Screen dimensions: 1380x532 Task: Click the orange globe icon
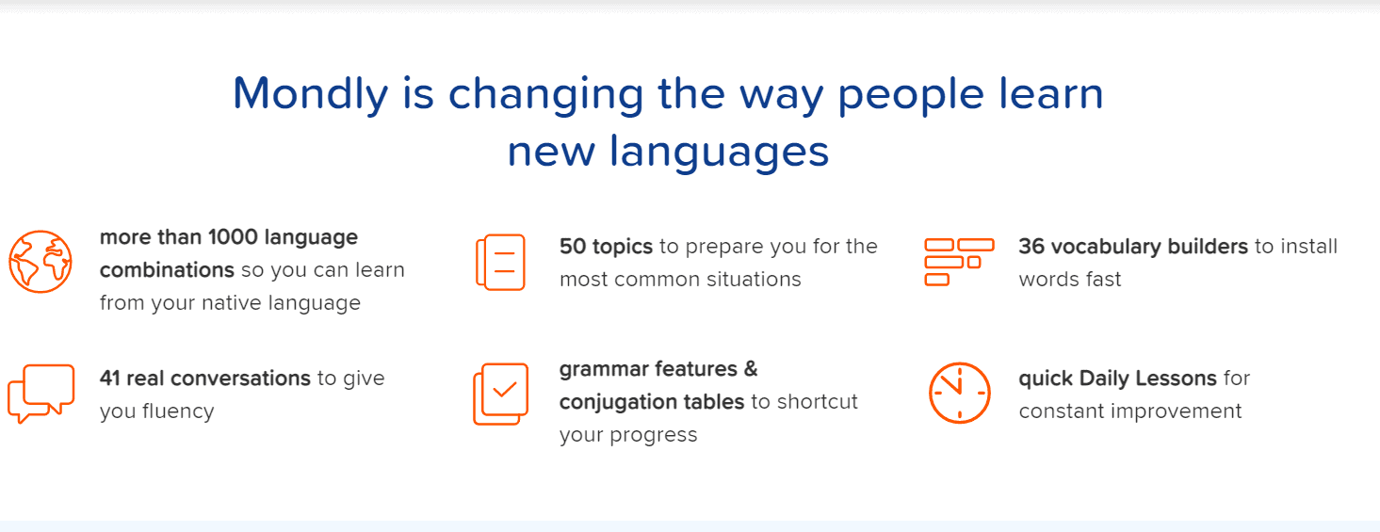click(41, 262)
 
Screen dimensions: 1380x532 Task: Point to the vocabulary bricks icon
click(959, 263)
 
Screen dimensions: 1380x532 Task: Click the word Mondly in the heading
click(311, 94)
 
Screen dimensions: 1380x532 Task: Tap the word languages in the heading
click(719, 153)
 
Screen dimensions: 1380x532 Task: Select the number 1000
click(233, 237)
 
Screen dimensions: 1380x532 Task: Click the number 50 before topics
click(573, 247)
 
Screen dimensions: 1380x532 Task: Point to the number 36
click(1031, 247)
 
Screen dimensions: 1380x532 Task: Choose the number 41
click(109, 379)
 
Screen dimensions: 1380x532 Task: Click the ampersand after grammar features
click(751, 369)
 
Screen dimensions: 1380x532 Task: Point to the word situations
click(754, 280)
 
